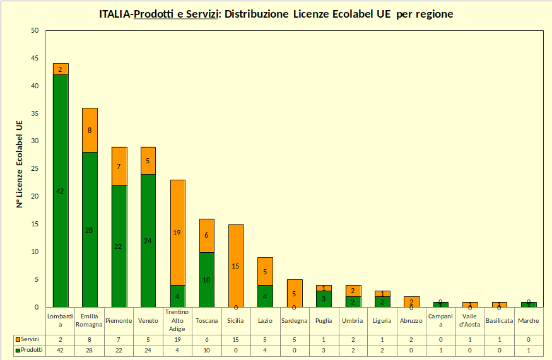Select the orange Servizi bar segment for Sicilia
[235, 265]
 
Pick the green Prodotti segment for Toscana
[206, 279]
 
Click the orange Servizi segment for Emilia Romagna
[90, 130]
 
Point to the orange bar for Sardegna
[294, 293]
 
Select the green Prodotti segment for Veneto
[148, 240]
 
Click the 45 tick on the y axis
[34, 59]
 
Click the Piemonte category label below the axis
[119, 321]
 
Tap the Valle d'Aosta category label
[470, 321]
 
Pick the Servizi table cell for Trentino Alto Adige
[177, 339]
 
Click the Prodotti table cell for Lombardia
[61, 350]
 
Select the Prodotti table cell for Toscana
[206, 350]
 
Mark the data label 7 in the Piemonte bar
[119, 166]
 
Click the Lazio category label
[265, 321]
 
